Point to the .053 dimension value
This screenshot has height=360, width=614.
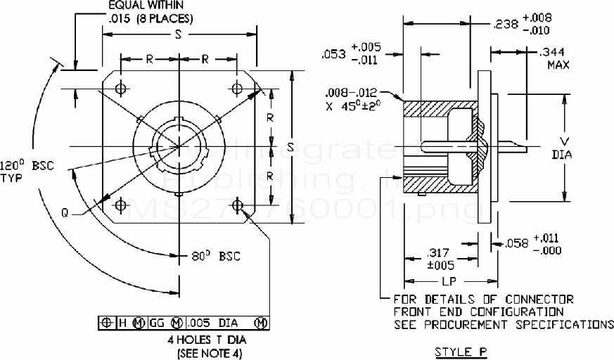pyautogui.click(x=333, y=53)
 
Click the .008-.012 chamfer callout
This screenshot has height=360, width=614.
pyautogui.click(x=352, y=92)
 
